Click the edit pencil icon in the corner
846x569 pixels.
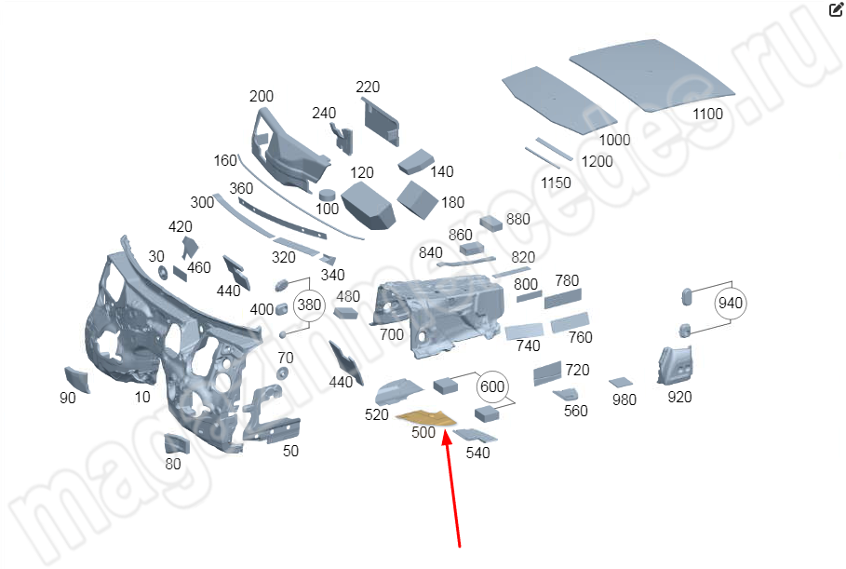point(835,11)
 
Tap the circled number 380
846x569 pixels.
point(309,305)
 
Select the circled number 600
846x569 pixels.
point(492,386)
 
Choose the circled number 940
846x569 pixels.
point(731,303)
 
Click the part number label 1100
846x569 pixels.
point(706,114)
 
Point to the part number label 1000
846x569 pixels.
point(614,140)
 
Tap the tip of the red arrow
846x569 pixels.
point(447,430)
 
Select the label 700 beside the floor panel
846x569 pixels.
point(392,334)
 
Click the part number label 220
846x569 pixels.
point(368,88)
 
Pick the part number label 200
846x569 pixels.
point(262,97)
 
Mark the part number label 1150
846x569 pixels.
point(557,183)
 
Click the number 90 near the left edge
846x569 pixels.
point(68,399)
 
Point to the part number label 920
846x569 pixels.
point(680,398)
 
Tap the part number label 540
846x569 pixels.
point(477,454)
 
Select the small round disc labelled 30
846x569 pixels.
point(161,272)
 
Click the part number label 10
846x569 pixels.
point(142,398)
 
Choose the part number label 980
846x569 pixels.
point(624,400)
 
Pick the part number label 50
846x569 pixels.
point(290,452)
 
